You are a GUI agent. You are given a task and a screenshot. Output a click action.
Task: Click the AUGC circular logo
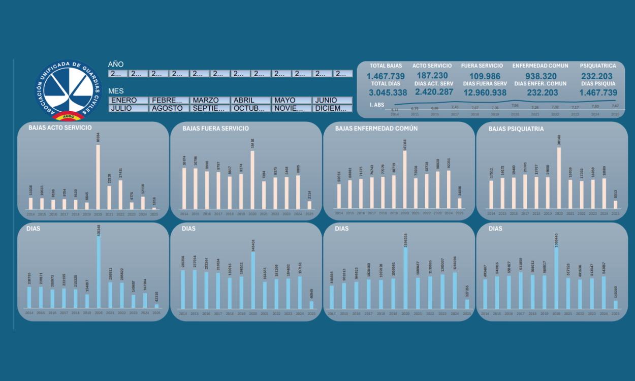tap(69, 90)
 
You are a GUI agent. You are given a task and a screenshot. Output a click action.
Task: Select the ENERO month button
tap(128, 101)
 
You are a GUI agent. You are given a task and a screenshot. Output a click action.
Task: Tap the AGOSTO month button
tap(169, 108)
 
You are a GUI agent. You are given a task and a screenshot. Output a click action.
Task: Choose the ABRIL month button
tap(250, 101)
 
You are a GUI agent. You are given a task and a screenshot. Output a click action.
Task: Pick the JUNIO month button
tap(332, 101)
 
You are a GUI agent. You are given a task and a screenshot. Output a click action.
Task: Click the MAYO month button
tap(291, 101)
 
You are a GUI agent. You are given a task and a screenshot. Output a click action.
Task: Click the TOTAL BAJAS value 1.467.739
tap(386, 76)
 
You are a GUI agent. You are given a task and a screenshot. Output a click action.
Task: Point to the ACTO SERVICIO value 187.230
tap(431, 76)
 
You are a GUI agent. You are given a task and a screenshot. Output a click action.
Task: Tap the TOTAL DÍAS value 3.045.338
tap(388, 92)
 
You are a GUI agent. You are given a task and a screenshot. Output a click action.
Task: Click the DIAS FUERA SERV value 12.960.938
tap(485, 92)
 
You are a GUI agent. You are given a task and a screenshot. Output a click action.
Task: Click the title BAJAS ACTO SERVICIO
tap(60, 128)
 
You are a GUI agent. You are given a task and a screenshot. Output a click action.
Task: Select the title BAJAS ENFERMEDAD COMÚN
tap(376, 129)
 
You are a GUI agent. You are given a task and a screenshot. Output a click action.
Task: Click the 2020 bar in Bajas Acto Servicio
tap(98, 177)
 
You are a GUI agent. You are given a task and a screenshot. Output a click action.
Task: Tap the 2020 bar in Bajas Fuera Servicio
tap(252, 179)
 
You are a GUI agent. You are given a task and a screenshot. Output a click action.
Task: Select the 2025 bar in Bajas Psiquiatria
tap(615, 204)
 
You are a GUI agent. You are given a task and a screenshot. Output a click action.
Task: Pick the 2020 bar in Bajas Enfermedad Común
tap(405, 179)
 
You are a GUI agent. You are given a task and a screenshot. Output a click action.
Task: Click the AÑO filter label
tap(115, 65)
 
